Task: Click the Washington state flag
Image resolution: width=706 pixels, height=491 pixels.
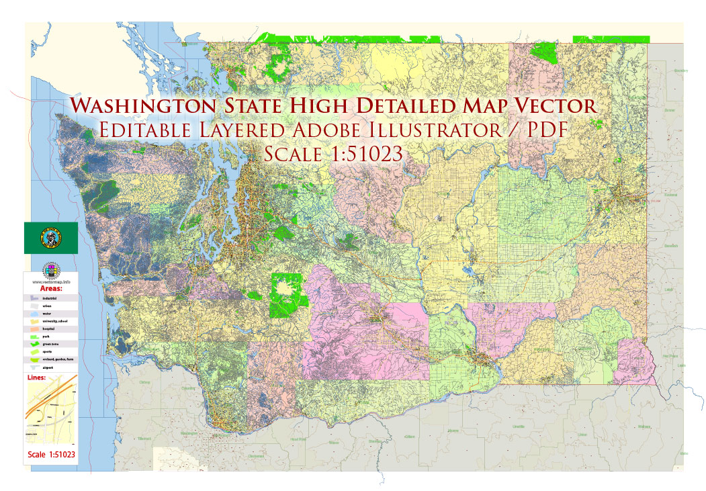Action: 51,238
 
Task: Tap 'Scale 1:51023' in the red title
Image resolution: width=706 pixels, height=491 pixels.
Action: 333,153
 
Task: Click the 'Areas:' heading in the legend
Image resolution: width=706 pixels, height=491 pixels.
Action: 52,287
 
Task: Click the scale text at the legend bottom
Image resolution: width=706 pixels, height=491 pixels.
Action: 52,455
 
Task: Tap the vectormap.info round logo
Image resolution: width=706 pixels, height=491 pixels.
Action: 51,270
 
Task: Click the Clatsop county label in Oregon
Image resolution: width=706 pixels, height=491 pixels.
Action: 144,383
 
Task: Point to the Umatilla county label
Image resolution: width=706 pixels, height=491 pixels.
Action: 518,427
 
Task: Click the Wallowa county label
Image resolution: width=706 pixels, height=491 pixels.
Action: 645,426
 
